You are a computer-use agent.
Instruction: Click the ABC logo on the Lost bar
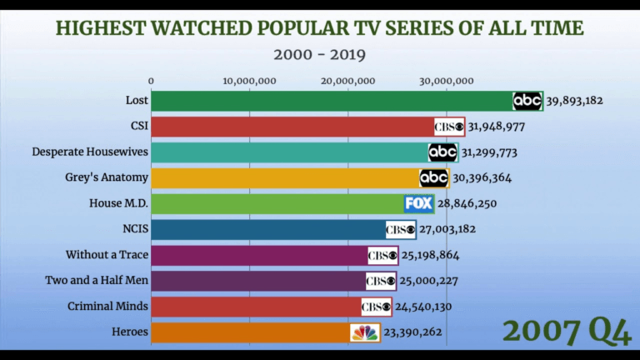point(527,101)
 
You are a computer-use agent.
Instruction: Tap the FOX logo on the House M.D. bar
point(419,203)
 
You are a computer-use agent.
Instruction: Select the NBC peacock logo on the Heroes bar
point(365,332)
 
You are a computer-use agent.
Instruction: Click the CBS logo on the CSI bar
point(449,127)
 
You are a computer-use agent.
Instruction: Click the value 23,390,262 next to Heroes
point(412,332)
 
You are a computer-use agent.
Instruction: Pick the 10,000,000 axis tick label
point(250,81)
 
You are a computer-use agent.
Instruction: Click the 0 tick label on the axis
point(152,81)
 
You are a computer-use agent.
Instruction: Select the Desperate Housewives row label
point(90,152)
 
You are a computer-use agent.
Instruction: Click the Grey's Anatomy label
point(107,177)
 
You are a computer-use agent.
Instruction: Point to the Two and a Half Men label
point(97,281)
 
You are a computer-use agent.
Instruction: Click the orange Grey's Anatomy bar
point(283,178)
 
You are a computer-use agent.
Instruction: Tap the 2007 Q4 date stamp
point(567,330)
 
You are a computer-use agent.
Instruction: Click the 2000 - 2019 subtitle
point(320,55)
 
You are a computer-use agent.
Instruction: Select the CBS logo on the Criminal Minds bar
point(376,307)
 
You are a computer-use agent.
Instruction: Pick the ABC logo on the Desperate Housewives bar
point(442,152)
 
